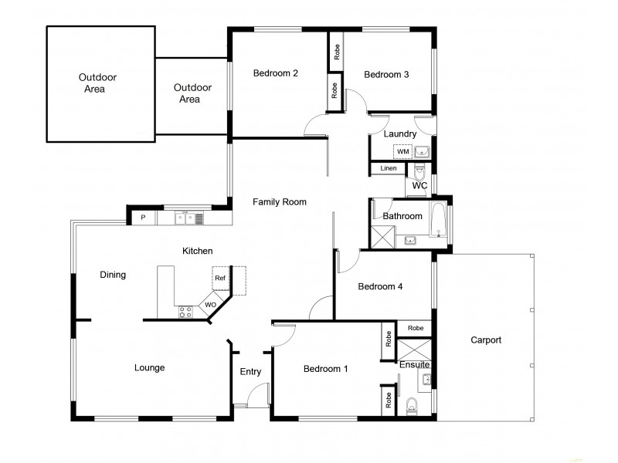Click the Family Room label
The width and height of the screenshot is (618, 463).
click(x=280, y=202)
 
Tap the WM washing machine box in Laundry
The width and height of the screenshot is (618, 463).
click(x=402, y=151)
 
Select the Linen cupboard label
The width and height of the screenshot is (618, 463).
click(x=389, y=168)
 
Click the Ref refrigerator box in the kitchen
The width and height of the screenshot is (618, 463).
click(x=220, y=278)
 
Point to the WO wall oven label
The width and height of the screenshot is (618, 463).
click(x=210, y=306)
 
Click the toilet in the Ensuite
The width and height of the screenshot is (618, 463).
click(x=411, y=404)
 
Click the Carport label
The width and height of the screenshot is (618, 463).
click(x=485, y=340)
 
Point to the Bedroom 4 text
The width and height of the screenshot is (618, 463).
click(x=380, y=286)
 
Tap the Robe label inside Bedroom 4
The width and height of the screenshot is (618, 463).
click(x=415, y=328)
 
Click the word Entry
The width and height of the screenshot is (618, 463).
click(x=250, y=372)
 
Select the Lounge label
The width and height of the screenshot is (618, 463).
click(x=149, y=368)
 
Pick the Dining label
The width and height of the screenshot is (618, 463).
click(x=113, y=275)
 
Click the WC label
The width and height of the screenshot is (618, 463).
click(x=419, y=186)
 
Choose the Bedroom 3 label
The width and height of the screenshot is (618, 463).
click(x=386, y=75)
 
